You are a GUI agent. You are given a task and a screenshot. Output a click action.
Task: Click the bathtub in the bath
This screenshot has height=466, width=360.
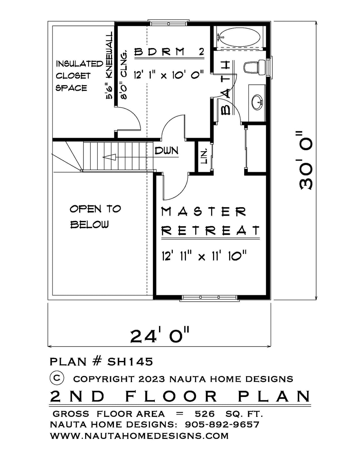pyautogui.click(x=240, y=38)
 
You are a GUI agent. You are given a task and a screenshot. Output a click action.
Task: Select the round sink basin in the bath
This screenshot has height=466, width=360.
pyautogui.click(x=257, y=103)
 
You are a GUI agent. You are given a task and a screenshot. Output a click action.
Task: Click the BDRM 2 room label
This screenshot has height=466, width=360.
pyautogui.click(x=169, y=52)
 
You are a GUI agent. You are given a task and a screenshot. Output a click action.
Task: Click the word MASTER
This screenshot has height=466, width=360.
pyautogui.click(x=204, y=212)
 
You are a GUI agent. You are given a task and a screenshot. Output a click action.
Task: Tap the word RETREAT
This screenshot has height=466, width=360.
pyautogui.click(x=210, y=230)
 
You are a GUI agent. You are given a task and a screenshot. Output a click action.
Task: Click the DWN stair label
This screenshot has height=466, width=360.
pyautogui.click(x=166, y=151)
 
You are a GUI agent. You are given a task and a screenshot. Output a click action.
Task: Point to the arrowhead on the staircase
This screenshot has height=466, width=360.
pyautogui.click(x=109, y=157)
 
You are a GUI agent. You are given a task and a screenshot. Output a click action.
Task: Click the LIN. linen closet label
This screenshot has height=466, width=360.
pyautogui.click(x=205, y=157)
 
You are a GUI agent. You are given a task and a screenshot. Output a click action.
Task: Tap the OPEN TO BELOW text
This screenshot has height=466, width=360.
pyautogui.click(x=96, y=217)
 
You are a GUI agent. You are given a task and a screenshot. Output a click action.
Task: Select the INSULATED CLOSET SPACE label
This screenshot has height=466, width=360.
pyautogui.click(x=79, y=76)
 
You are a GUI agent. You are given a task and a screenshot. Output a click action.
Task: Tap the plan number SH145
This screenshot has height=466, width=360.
pyautogui.click(x=130, y=362)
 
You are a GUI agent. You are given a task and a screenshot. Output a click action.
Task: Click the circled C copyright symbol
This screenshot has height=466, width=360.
pyautogui.click(x=57, y=378)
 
